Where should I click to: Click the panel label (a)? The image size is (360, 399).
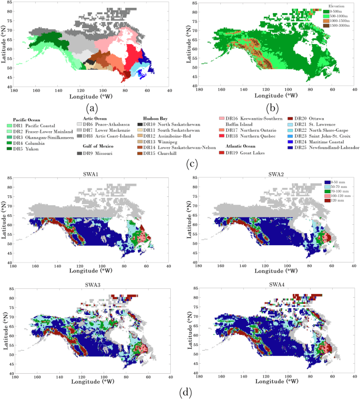(x=93, y=109)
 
